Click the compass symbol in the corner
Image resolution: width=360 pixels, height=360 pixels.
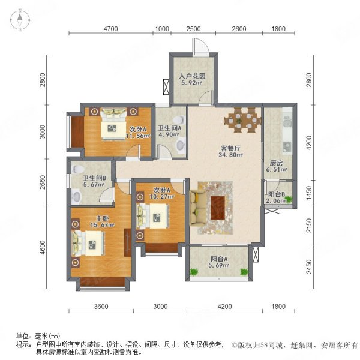(19, 20)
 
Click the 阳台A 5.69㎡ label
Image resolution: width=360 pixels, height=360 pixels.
(218, 262)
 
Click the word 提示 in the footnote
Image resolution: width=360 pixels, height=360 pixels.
(23, 344)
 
